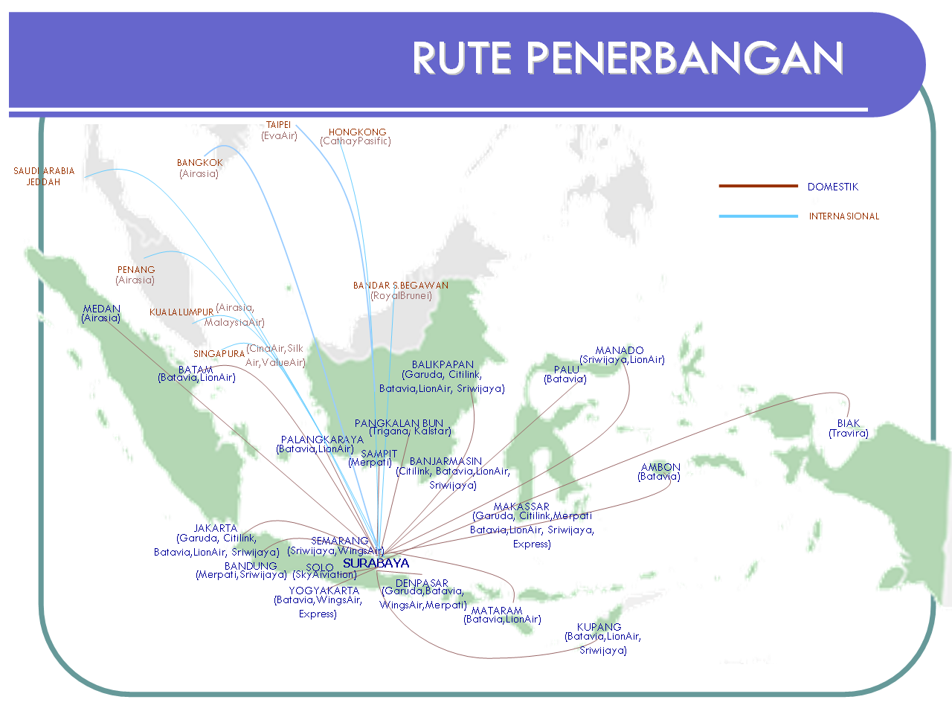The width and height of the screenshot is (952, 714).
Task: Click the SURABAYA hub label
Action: (x=376, y=563)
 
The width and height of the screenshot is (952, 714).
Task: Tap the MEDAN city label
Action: (x=102, y=309)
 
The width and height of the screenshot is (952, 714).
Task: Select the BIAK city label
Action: (x=849, y=423)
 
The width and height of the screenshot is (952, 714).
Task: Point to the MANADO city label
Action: (x=620, y=350)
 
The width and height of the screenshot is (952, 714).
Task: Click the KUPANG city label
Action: (x=599, y=627)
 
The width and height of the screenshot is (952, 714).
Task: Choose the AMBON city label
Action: (x=660, y=467)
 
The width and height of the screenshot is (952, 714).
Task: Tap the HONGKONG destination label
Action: (x=358, y=132)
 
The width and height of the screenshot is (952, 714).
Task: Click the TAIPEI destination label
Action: (x=279, y=125)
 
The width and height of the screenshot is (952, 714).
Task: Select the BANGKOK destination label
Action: (x=200, y=163)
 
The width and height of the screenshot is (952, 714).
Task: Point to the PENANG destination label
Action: (x=136, y=270)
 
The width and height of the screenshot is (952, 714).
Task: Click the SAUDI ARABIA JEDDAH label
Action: (x=44, y=176)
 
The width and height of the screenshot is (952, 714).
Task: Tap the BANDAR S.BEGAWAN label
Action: (x=401, y=286)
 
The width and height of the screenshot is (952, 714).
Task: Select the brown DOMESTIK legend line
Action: (x=758, y=186)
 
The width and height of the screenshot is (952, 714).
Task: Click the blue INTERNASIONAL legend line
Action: (x=758, y=216)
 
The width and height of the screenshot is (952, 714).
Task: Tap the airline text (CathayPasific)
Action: (x=356, y=141)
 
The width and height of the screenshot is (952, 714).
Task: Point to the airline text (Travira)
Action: (x=849, y=433)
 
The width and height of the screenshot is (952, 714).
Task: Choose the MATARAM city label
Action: (x=497, y=611)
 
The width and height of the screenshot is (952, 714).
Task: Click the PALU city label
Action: (x=567, y=370)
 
